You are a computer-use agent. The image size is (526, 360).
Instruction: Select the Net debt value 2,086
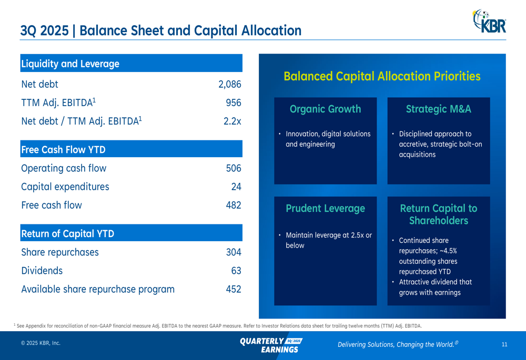pyautogui.click(x=229, y=84)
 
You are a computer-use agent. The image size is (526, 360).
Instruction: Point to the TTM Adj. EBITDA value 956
pyautogui.click(x=233, y=102)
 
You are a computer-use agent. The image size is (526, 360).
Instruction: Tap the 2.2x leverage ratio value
pyautogui.click(x=232, y=121)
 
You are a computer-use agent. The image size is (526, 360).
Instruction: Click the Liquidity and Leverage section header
pyautogui.click(x=70, y=64)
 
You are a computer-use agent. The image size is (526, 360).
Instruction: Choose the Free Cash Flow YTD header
pyautogui.click(x=63, y=150)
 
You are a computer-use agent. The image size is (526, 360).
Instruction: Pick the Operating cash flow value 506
pyautogui.click(x=233, y=168)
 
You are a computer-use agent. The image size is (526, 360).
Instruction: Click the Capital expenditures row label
pyautogui.click(x=65, y=187)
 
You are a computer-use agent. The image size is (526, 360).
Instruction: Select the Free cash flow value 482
pyautogui.click(x=233, y=205)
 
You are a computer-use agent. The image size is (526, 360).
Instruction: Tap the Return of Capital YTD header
pyautogui.click(x=67, y=233)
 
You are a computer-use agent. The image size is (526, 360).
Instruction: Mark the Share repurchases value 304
pyautogui.click(x=233, y=252)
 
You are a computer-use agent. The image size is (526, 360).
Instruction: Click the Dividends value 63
pyautogui.click(x=236, y=271)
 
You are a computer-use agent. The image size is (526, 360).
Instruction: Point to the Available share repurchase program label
pyautogui.click(x=98, y=289)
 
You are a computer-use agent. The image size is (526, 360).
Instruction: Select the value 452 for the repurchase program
pyautogui.click(x=233, y=289)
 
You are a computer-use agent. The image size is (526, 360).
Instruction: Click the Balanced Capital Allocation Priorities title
pyautogui.click(x=382, y=76)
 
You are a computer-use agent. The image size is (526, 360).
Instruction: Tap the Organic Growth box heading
pyautogui.click(x=325, y=109)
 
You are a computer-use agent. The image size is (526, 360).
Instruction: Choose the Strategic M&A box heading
pyautogui.click(x=438, y=109)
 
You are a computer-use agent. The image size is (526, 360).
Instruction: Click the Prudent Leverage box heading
pyautogui.click(x=325, y=209)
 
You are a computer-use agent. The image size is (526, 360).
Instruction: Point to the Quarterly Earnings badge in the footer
pyautogui.click(x=271, y=345)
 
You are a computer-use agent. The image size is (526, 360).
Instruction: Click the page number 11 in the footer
pyautogui.click(x=504, y=344)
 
